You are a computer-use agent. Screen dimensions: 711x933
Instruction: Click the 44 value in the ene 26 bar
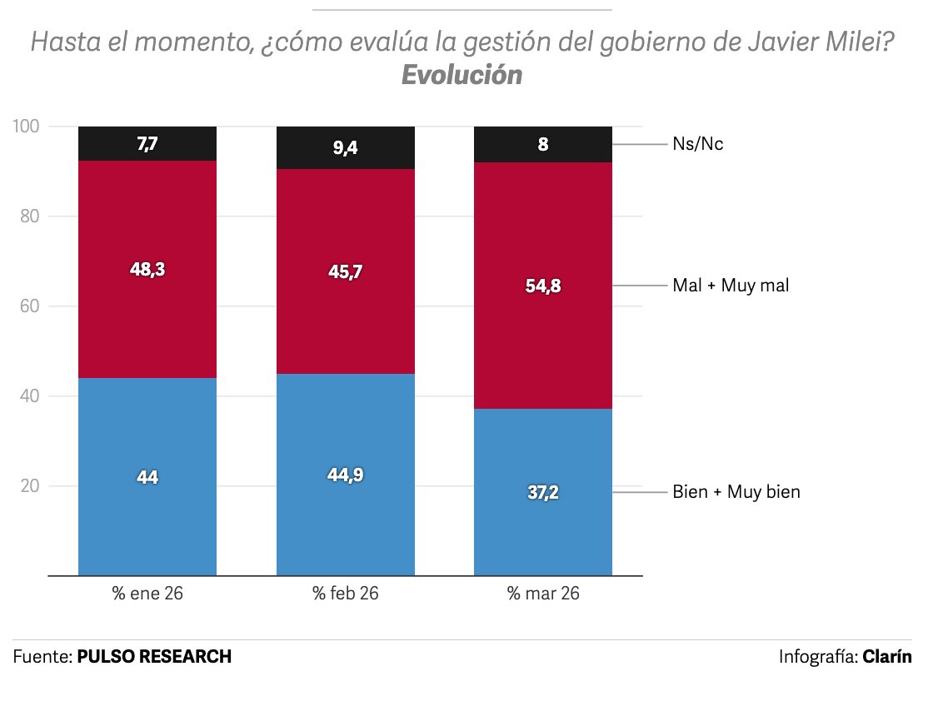(x=147, y=477)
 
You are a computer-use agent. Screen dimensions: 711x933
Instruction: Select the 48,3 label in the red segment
(x=147, y=269)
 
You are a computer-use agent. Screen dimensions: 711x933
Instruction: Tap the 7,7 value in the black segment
(x=147, y=144)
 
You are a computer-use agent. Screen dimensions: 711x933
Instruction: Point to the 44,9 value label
(x=346, y=475)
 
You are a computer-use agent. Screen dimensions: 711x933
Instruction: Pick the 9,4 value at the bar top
(x=346, y=148)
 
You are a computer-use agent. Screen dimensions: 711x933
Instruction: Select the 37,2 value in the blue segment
(x=542, y=492)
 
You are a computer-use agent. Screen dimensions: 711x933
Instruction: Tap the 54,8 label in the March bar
(x=542, y=286)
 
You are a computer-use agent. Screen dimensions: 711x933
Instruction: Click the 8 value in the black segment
(x=542, y=144)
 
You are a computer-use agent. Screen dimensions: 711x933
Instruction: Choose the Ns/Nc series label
(x=697, y=144)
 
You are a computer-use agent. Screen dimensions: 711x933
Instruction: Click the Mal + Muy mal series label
(x=730, y=286)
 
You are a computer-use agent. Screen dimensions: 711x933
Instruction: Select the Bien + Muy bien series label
(x=736, y=492)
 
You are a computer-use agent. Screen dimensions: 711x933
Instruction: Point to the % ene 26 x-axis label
(x=147, y=594)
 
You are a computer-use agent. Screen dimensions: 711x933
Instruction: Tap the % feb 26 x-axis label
(x=346, y=594)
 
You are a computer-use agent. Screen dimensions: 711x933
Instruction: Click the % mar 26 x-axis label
(x=542, y=594)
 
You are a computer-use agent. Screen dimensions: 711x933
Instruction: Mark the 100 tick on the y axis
(x=27, y=127)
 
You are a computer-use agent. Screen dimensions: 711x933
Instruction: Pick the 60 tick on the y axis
(x=30, y=306)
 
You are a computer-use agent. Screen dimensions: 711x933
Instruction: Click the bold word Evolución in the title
(x=462, y=75)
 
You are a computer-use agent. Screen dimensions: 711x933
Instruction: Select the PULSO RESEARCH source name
(x=154, y=656)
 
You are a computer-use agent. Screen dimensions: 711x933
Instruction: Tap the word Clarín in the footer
(x=887, y=656)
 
